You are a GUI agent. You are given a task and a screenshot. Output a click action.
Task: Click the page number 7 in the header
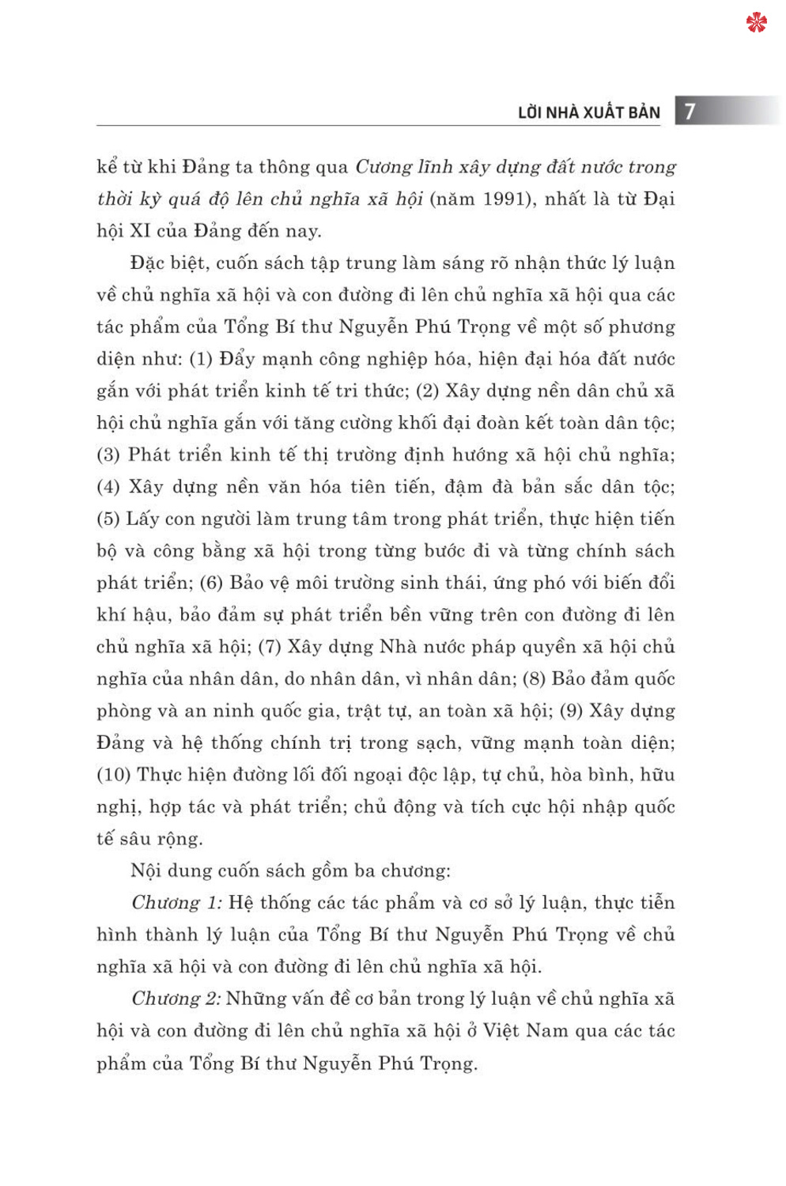(690, 111)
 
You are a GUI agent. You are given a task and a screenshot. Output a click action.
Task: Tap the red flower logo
(756, 23)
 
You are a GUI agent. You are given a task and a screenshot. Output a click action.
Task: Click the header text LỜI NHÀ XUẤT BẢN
(588, 112)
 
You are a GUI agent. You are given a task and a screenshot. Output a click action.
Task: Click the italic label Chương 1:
(176, 903)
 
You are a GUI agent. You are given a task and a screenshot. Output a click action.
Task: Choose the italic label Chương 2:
(176, 999)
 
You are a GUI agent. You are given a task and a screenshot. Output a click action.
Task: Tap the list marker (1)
(201, 359)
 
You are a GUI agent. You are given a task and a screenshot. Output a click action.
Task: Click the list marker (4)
(108, 487)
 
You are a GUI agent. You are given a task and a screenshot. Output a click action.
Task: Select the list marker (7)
(270, 647)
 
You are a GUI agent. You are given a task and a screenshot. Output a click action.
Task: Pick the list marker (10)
(113, 775)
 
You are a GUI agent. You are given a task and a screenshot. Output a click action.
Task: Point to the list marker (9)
(571, 711)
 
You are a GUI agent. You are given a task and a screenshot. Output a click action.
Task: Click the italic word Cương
(384, 168)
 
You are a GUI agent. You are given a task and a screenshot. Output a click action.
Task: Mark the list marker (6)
(211, 583)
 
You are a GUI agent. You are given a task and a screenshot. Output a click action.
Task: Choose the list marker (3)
(108, 455)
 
